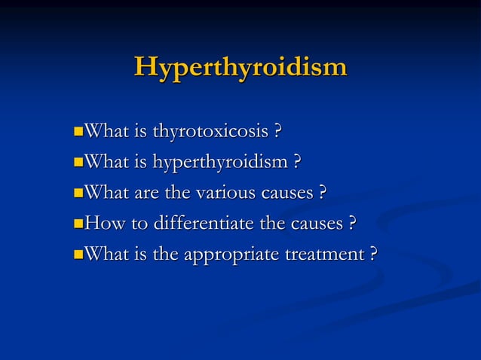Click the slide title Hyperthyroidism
tap(240, 67)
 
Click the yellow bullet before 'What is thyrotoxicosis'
tap(79, 133)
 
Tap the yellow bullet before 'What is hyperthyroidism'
tap(79, 163)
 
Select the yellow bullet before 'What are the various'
tap(79, 194)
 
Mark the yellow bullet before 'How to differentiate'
tap(79, 224)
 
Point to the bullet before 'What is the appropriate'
tap(79, 255)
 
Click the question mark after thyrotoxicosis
tap(278, 133)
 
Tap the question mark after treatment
tap(372, 254)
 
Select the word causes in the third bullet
tap(286, 194)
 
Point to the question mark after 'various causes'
tap(322, 193)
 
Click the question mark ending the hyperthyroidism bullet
tap(297, 163)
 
